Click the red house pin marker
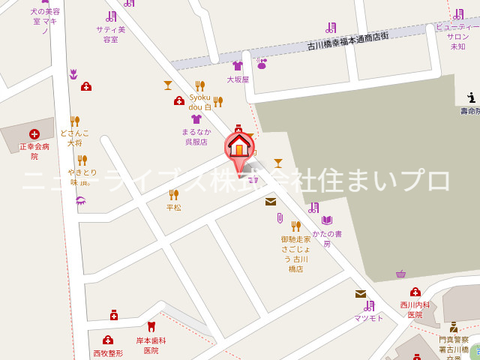[239, 145]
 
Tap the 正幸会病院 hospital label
[34, 151]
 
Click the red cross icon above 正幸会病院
[34, 134]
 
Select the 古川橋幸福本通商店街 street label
[348, 41]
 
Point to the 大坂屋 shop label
[238, 79]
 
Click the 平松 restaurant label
[174, 208]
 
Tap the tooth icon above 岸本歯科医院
[151, 326]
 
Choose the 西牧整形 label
[108, 353]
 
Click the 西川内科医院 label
[415, 310]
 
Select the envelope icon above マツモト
[361, 294]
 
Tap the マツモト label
[369, 318]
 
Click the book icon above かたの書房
[327, 220]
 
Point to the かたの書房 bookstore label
[327, 238]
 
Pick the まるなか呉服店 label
[196, 136]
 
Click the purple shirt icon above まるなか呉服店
[196, 118]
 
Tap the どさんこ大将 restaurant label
[74, 137]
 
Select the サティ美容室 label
[111, 34]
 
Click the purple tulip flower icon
[73, 73]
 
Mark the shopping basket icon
[400, 274]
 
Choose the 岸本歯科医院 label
[151, 345]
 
